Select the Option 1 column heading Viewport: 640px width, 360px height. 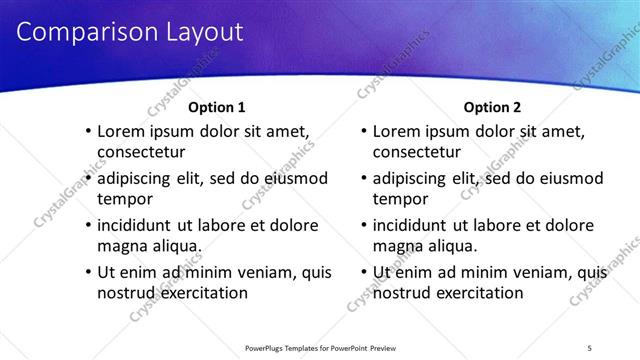(x=217, y=107)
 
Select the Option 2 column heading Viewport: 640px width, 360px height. (x=493, y=107)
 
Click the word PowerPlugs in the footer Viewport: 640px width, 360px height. (x=269, y=347)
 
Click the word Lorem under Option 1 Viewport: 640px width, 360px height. (x=122, y=132)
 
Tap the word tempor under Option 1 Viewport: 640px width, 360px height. (x=121, y=199)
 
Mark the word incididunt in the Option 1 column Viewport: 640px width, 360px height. (x=138, y=226)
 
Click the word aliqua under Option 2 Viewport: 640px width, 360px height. (x=452, y=246)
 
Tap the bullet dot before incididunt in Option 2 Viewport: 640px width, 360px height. (x=363, y=226)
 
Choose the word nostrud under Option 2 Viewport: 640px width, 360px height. (x=403, y=293)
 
